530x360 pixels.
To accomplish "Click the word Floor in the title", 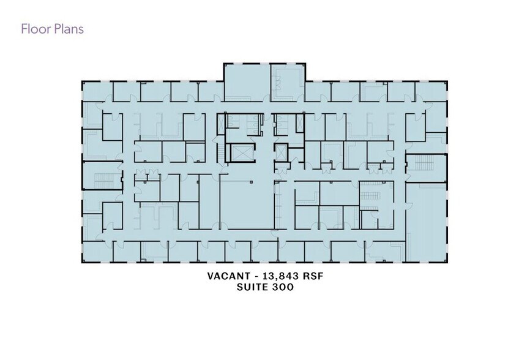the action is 31,29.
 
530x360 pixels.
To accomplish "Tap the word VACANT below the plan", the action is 229,276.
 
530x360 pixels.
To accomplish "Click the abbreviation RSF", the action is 313,276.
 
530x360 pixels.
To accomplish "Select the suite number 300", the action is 283,287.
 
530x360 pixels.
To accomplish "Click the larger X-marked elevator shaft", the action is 240,154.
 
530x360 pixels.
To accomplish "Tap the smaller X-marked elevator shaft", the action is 280,153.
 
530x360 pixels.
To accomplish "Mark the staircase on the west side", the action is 103,180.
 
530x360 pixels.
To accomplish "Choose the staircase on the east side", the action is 424,163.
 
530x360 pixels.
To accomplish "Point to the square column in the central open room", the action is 251,182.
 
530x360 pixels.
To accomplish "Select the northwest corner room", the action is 97,92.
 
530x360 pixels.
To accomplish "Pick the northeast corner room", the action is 431,92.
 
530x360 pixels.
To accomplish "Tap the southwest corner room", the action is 97,252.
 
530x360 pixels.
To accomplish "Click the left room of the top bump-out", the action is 247,83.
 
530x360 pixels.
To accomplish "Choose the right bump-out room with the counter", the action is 288,83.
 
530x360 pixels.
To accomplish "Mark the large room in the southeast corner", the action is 426,222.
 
